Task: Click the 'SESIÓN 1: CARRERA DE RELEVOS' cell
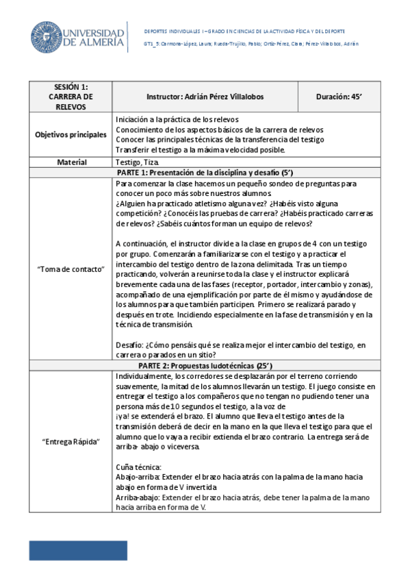tap(71, 97)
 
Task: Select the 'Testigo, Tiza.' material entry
tap(138, 162)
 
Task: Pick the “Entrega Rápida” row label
tap(71, 441)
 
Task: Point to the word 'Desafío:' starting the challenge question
tap(130, 345)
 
